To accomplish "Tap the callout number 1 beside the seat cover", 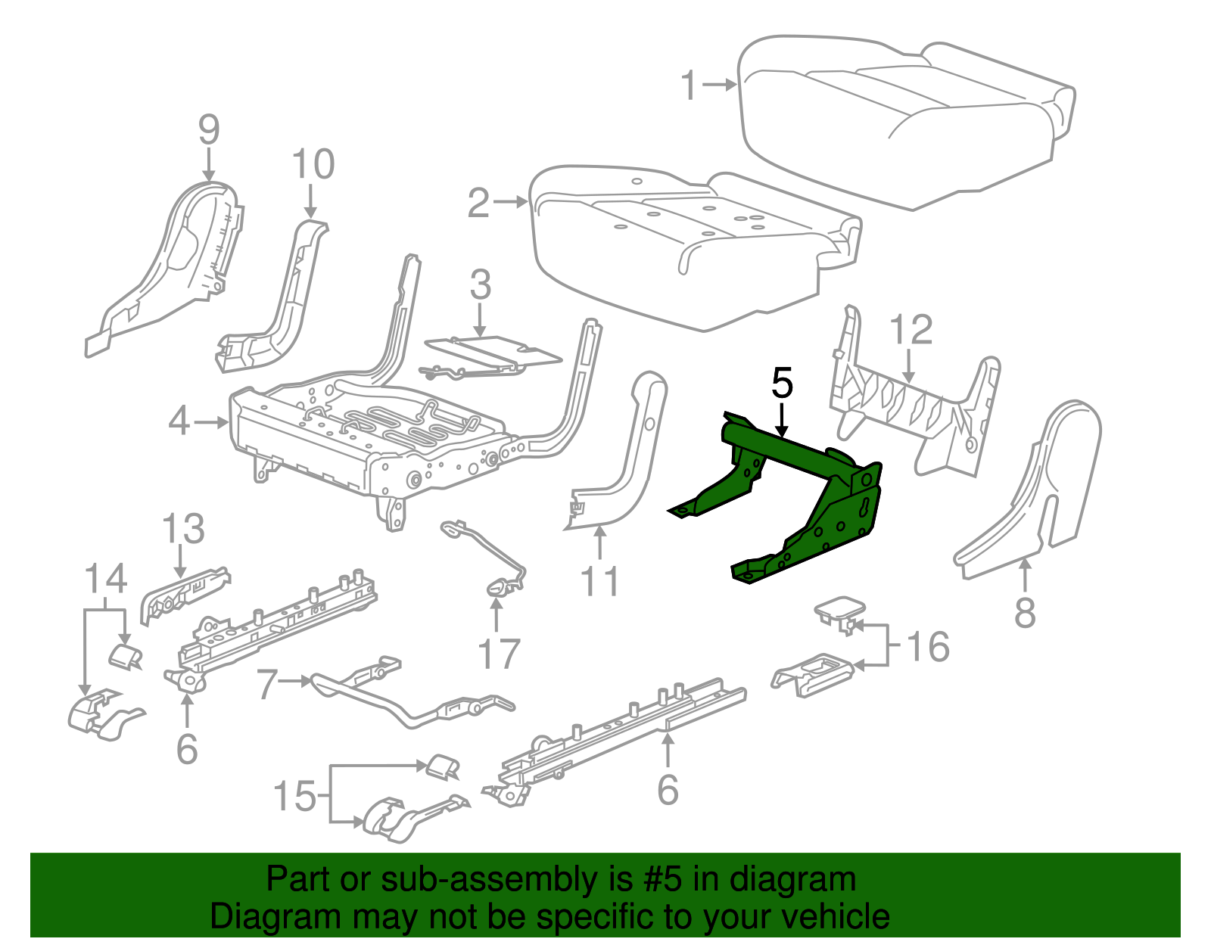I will click(688, 85).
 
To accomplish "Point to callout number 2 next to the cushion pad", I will click(478, 203).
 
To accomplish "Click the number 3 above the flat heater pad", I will click(480, 285).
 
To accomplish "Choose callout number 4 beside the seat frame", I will click(179, 421).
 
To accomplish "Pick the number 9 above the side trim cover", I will click(209, 129).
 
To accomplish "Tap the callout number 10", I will click(313, 164).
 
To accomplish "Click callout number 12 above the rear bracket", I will click(911, 331).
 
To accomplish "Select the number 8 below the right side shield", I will click(1024, 612).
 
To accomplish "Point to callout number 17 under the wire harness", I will click(498, 654).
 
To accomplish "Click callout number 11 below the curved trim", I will click(599, 582).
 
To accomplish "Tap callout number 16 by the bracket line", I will click(927, 647).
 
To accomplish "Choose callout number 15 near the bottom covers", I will click(294, 796).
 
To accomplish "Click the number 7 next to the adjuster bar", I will click(268, 684).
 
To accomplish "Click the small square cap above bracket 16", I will click(839, 609).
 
